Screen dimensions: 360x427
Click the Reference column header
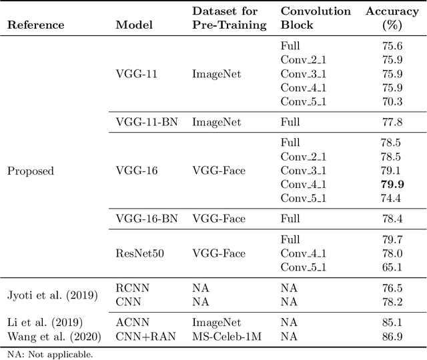[36, 25]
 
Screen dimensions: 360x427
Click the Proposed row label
[31, 171]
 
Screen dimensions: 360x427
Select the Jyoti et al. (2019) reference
[52, 295]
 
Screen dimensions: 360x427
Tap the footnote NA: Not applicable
[51, 354]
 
